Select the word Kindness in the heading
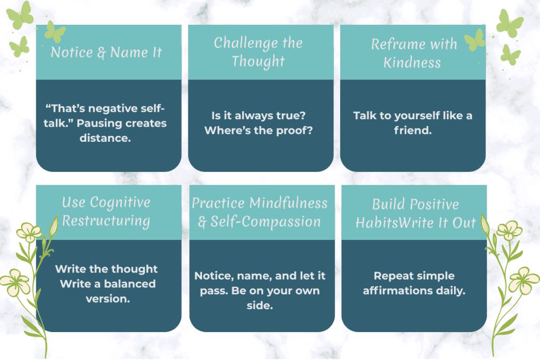tap(412, 62)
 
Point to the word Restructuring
tap(106, 220)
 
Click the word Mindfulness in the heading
tap(288, 203)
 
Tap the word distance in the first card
tap(108, 138)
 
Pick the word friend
tap(412, 131)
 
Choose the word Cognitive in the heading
tap(120, 202)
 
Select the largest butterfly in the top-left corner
tap(20, 16)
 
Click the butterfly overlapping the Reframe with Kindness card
tap(475, 40)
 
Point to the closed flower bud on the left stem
tap(53, 227)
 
